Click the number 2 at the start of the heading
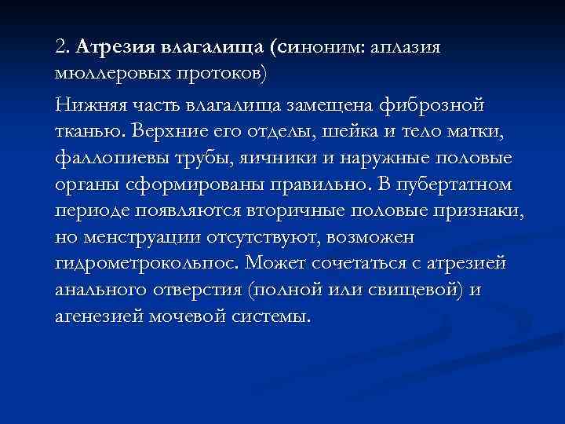tap(61, 46)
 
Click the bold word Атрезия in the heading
tap(115, 46)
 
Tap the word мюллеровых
tap(107, 74)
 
